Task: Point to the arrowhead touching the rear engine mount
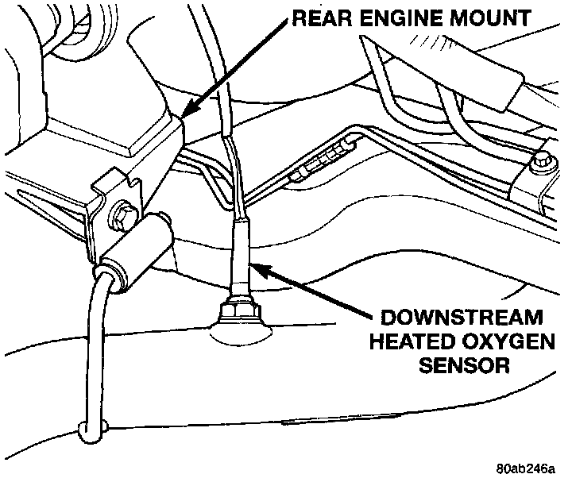tap(187, 111)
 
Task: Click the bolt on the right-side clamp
tap(543, 161)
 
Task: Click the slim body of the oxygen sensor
tap(238, 254)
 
